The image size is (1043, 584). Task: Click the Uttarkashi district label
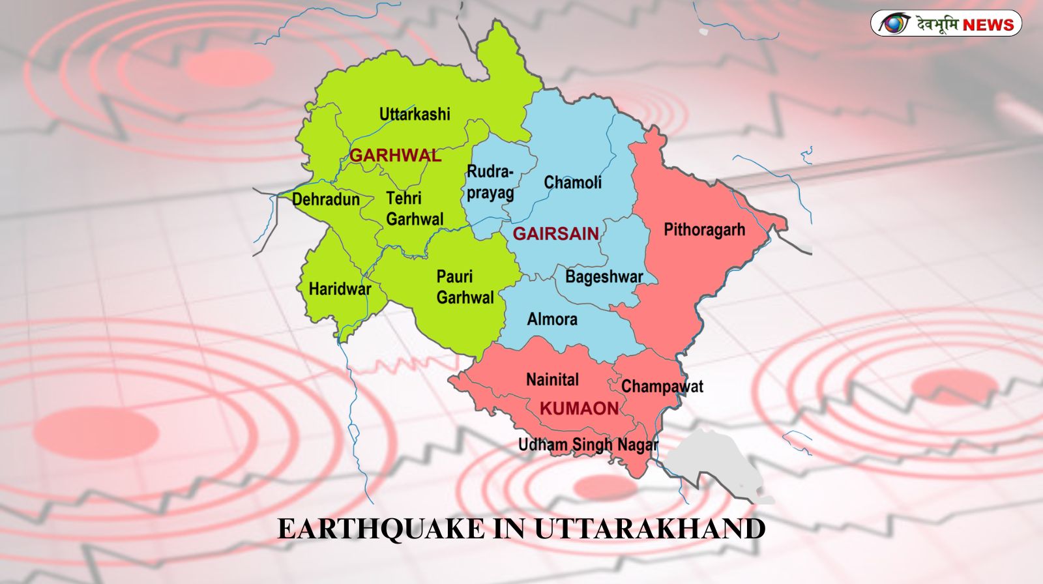[415, 114]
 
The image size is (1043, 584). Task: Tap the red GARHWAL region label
[395, 155]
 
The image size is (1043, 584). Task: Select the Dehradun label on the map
[326, 199]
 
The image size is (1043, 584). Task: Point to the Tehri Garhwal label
[414, 209]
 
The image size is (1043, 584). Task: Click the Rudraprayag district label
[490, 182]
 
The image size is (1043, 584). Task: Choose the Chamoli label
[572, 182]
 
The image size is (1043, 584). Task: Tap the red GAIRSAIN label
[555, 233]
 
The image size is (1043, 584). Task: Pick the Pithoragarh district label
[704, 229]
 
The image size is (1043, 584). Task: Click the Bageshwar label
[604, 276]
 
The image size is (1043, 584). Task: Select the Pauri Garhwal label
[465, 287]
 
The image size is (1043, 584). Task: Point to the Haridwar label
[340, 289]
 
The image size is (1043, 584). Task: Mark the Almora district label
[552, 319]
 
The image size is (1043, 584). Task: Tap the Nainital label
[552, 379]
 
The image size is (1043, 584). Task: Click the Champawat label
[662, 387]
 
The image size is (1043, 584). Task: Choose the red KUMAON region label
[579, 409]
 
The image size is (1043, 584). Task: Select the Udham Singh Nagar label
[588, 445]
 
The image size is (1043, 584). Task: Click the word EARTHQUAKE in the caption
[381, 529]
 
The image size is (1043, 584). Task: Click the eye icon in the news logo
[893, 24]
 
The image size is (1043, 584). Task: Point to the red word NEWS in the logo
[988, 25]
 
